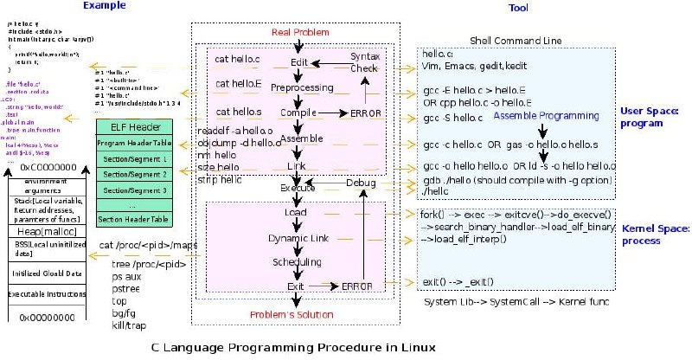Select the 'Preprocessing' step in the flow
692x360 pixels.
pos(301,87)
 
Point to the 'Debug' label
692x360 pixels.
pos(361,183)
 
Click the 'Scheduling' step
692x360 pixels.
pos(296,261)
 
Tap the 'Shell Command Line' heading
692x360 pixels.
pos(515,40)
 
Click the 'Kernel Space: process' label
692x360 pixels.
pos(652,234)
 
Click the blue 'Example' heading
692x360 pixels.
pos(100,7)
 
